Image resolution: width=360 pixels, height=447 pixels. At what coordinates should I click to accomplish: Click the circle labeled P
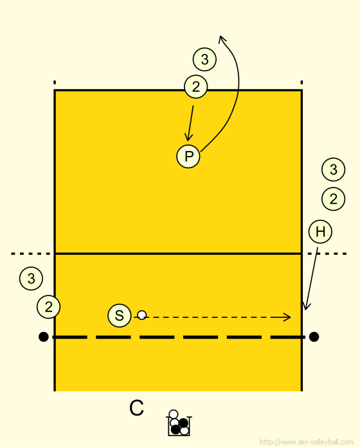188,156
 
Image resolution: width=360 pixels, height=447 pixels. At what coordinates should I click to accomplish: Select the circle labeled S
120,315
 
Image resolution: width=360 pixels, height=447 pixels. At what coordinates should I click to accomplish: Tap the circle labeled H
320,231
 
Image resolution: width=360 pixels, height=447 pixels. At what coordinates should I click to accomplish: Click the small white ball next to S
142,315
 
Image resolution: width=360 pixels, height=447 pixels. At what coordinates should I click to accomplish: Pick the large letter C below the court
136,408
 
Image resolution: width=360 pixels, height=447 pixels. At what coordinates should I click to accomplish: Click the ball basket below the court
179,423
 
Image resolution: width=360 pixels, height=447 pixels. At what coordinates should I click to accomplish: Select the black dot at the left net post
43,337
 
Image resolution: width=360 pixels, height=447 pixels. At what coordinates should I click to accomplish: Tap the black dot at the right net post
314,337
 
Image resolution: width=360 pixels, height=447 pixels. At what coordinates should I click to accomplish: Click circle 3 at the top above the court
204,59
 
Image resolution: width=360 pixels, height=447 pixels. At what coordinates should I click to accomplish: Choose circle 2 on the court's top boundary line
195,87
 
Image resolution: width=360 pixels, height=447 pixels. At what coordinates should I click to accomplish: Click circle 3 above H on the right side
333,170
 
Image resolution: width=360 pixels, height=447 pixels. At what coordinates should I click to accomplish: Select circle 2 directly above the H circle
333,199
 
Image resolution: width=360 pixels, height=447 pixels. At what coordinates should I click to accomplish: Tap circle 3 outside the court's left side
31,278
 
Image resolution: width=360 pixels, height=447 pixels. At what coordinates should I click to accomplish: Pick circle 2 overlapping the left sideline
48,307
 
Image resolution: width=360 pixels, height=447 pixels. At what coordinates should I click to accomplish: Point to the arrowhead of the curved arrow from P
221,39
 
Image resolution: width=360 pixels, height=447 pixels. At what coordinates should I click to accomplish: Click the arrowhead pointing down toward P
188,137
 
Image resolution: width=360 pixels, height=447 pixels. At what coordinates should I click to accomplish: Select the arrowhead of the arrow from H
306,306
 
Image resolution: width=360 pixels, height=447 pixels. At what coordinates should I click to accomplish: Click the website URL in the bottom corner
307,442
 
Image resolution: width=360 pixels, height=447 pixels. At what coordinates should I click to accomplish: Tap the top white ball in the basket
174,414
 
